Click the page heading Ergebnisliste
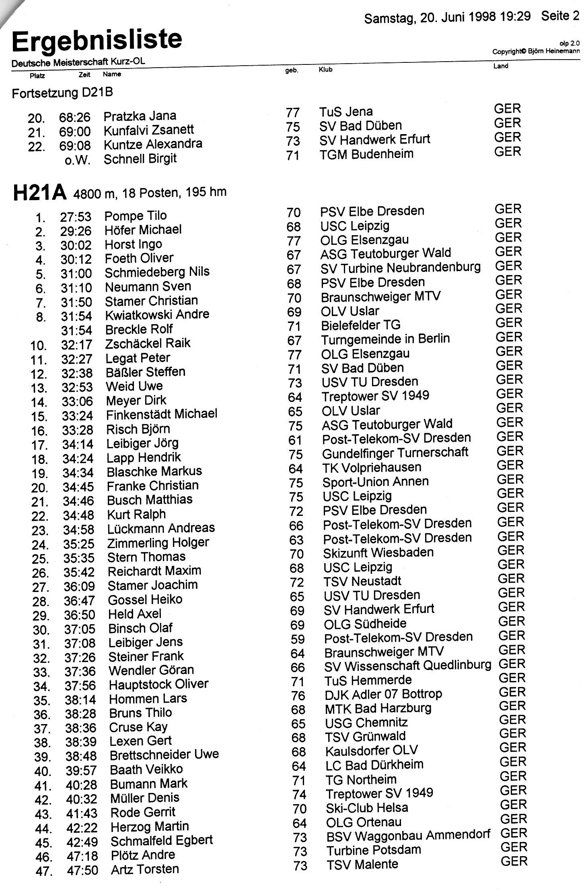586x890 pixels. tap(97, 41)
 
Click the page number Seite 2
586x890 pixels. tap(560, 16)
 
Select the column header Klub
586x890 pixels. tap(325, 69)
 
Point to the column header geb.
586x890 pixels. tap(292, 70)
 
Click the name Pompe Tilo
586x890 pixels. tap(136, 216)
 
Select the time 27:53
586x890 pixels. tap(76, 217)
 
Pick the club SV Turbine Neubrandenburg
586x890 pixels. tap(401, 268)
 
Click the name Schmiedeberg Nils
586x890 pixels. tap(157, 272)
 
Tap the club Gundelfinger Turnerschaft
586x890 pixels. tap(395, 453)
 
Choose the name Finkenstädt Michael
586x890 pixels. tap(162, 414)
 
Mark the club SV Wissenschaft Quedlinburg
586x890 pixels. tap(408, 666)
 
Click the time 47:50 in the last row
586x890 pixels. tap(83, 871)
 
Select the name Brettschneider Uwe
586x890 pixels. tap(164, 754)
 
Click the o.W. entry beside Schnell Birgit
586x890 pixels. tap(77, 160)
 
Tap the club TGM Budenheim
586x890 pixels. tap(366, 154)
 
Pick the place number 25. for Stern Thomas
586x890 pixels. tap(41, 559)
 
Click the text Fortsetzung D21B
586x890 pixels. tap(62, 93)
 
